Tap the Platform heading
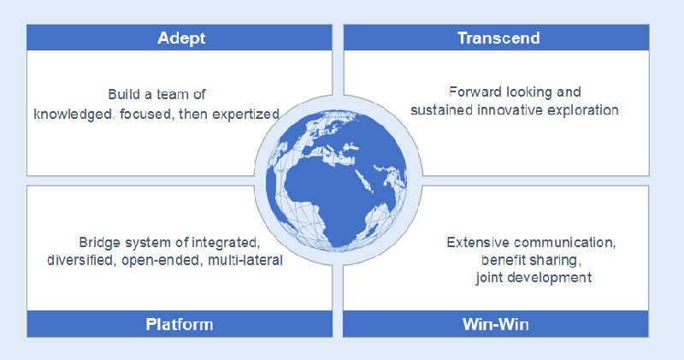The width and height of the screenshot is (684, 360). pyautogui.click(x=179, y=324)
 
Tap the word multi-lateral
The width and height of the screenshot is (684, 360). pyautogui.click(x=248, y=260)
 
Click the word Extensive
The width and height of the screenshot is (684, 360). pyautogui.click(x=475, y=244)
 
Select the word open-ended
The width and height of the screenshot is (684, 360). pyautogui.click(x=163, y=260)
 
